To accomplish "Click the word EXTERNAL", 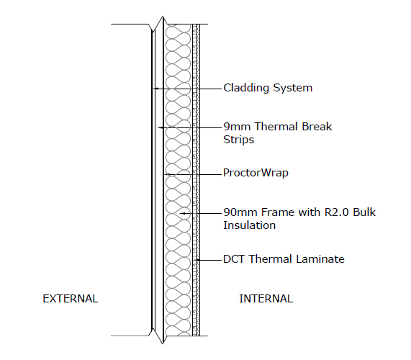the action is pos(71,299).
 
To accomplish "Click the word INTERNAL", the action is pos(266,299).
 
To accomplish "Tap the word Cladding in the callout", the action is pos(246,88).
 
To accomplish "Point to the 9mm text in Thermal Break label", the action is pos(237,127).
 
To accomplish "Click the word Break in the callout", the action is pos(317,127).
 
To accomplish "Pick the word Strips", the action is pos(238,140).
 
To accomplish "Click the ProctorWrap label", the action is pos(256,173).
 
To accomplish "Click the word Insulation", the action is pos(249,225).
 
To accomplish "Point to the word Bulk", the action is pos(364,212).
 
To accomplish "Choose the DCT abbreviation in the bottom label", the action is pos(234,259).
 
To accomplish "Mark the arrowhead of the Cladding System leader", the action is pos(155,89).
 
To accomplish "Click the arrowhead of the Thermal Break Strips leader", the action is pos(161,127).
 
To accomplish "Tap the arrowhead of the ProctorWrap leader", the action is pos(167,174).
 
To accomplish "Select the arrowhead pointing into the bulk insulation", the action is pos(183,213).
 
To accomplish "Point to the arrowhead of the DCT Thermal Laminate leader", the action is pos(198,260).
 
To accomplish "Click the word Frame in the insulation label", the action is pos(278,212).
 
